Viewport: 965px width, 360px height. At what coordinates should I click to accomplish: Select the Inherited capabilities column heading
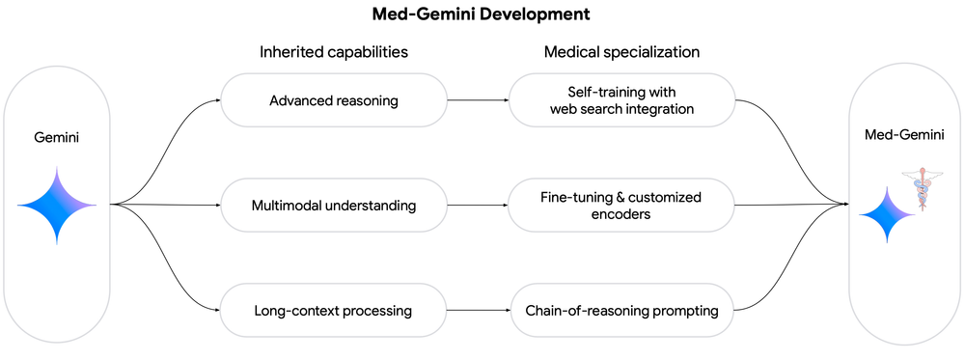coord(333,52)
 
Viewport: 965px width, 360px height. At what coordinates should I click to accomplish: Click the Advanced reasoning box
coord(334,98)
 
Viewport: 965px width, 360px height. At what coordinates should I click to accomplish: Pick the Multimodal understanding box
coord(334,205)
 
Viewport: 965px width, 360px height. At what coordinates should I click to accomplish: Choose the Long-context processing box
coord(334,311)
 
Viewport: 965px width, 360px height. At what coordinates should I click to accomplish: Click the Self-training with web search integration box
coord(620,98)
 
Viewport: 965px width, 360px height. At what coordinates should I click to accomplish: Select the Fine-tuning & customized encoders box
coord(620,205)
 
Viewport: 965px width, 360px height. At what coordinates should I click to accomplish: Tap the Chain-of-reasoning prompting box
coord(620,311)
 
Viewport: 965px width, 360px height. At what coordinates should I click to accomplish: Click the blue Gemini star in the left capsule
coord(57,205)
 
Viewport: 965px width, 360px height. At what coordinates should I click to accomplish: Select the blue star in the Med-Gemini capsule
coord(885,214)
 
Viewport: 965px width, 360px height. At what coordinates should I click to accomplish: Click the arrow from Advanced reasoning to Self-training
coord(478,98)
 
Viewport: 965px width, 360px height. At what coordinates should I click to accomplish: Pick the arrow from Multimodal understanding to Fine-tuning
coord(478,205)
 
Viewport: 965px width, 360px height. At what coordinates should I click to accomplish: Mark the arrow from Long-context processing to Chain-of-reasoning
coord(478,311)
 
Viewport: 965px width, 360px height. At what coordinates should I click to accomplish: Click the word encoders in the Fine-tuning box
coord(620,214)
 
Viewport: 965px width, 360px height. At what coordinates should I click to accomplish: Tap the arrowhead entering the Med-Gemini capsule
coord(845,205)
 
